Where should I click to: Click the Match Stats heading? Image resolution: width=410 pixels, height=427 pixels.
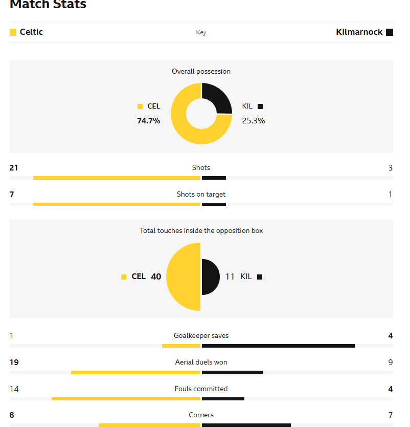[48, 5]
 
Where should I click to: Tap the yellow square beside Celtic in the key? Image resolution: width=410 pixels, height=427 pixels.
[13, 32]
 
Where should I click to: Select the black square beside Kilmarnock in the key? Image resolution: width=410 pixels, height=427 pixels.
[390, 32]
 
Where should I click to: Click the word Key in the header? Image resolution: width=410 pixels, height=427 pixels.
[201, 33]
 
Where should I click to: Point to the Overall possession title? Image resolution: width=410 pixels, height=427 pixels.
[201, 72]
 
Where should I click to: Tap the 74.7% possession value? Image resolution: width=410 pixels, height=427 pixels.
[148, 121]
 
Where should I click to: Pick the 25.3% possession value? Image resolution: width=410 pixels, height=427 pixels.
[254, 121]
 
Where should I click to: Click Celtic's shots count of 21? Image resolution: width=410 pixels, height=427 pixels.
[14, 167]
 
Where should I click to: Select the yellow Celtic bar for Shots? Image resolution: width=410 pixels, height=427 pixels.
[117, 178]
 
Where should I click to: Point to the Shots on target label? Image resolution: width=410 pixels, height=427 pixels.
[201, 195]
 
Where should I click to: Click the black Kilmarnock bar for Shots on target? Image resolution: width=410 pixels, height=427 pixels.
[214, 204]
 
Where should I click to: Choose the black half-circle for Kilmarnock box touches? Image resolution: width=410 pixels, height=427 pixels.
[210, 276]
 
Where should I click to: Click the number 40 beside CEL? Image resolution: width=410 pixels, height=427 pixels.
[156, 276]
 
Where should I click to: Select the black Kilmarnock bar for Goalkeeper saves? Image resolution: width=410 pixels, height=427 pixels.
[278, 346]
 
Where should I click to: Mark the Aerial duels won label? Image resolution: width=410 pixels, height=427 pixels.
[201, 362]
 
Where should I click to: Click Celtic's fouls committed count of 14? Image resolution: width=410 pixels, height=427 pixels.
[14, 389]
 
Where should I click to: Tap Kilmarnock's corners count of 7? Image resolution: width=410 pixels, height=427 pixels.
[390, 415]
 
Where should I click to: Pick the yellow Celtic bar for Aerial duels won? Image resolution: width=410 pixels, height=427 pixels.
[135, 372]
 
